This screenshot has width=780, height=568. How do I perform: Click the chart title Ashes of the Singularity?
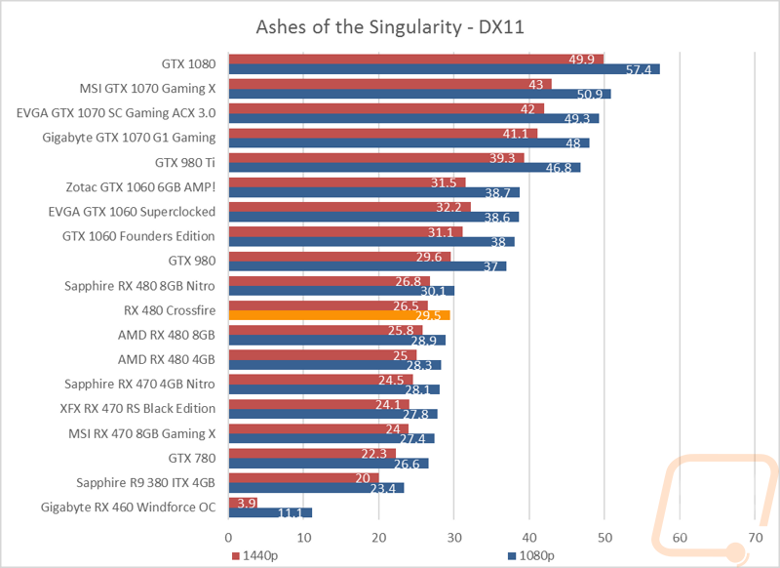click(x=390, y=26)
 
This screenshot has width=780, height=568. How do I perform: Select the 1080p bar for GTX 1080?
click(x=444, y=69)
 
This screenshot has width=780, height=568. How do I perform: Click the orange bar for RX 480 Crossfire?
click(x=338, y=315)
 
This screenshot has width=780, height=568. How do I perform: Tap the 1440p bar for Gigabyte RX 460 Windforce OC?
click(x=236, y=502)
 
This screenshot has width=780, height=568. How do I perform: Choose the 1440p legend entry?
click(x=255, y=555)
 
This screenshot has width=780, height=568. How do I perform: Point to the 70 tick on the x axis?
click(x=755, y=536)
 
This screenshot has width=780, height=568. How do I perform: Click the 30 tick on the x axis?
click(x=454, y=536)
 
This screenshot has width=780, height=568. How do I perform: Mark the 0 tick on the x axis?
click(x=229, y=536)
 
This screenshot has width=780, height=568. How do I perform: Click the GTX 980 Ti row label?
click(x=185, y=162)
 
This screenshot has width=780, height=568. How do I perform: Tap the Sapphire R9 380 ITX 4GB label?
click(x=145, y=482)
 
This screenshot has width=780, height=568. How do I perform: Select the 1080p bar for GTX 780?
click(x=329, y=464)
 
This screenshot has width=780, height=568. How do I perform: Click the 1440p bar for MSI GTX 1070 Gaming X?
click(x=390, y=84)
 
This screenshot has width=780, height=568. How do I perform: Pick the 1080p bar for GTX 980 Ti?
click(x=405, y=168)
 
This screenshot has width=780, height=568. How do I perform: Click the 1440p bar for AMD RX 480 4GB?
click(x=323, y=354)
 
